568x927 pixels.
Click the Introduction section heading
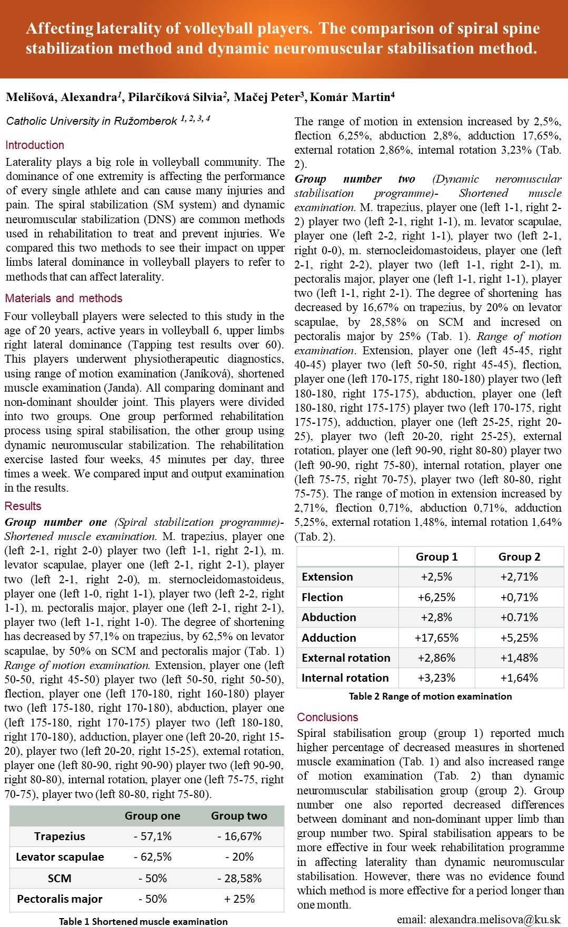35,145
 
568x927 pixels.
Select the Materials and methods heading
64,298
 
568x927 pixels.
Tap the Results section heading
23,506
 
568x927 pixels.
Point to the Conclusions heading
327,717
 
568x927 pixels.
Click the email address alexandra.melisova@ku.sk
479,920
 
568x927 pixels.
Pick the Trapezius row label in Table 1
59,836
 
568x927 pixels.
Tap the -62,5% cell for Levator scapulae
153,857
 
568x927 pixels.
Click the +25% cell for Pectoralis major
240,899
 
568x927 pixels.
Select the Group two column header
239,816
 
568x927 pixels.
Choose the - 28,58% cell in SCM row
240,879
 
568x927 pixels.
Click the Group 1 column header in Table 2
436,557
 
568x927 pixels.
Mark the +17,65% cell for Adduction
436,638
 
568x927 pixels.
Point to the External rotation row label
346,658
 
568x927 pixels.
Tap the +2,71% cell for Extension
519,577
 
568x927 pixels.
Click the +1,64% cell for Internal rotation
519,678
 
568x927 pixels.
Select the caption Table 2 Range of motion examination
430,696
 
